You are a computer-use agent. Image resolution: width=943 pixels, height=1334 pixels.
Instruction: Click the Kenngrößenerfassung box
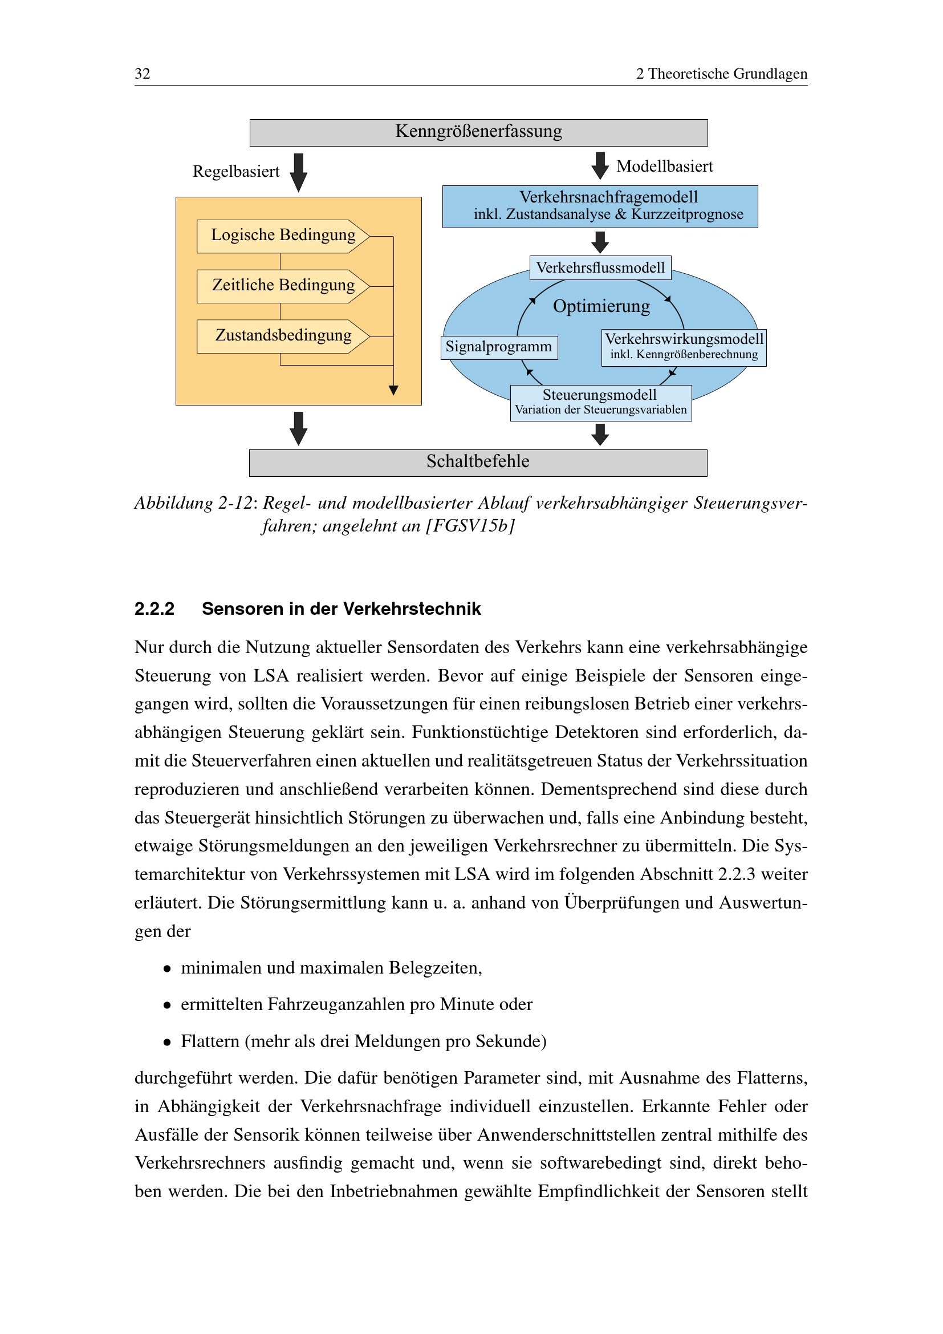pos(478,132)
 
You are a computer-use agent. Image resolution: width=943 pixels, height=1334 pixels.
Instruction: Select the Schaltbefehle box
pos(478,463)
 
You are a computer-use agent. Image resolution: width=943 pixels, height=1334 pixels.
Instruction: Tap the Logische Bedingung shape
pos(283,236)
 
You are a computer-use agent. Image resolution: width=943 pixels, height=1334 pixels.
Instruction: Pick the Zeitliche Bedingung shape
pos(283,286)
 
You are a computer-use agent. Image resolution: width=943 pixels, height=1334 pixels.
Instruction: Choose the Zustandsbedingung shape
pos(283,336)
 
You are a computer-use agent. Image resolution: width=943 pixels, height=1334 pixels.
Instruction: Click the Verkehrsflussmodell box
pos(600,268)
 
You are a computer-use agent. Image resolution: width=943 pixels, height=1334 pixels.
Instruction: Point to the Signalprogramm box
pos(499,347)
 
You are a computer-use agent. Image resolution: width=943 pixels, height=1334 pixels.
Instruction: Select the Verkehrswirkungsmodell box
pos(684,347)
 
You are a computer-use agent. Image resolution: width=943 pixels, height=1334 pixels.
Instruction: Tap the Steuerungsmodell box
pos(600,403)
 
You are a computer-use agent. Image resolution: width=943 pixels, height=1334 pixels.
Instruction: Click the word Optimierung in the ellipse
pos(601,306)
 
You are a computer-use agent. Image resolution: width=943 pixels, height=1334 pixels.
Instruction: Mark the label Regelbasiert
pos(236,172)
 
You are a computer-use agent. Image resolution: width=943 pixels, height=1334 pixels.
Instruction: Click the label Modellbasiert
pos(664,167)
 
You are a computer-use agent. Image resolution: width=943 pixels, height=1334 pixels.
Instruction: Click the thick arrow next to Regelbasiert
pos(298,173)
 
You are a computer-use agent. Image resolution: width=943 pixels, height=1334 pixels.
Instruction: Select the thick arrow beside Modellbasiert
pos(600,165)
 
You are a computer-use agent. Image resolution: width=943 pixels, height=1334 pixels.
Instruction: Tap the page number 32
pos(143,74)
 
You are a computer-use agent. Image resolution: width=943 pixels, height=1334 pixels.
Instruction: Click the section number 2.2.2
pos(155,609)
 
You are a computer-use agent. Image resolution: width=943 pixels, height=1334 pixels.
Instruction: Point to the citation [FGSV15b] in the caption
pos(470,526)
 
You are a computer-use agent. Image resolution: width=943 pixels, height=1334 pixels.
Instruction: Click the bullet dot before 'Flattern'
pos(167,1043)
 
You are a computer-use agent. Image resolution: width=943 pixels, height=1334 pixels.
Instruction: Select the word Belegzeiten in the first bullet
pos(435,968)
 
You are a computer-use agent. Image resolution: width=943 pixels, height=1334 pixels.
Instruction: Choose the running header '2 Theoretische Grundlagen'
pos(721,74)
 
